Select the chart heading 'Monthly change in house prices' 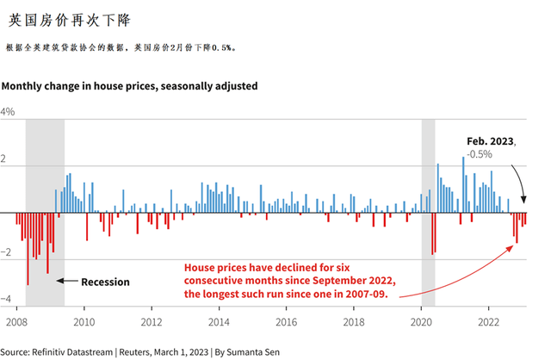coord(129,86)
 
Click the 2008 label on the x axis coord(16,321)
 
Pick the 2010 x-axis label coord(84,321)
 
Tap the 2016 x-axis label coord(287,321)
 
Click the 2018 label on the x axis coord(354,321)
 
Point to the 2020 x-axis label coord(422,321)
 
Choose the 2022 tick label coord(489,321)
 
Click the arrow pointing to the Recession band coord(69,282)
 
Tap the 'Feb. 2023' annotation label coord(490,140)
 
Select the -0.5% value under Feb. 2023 coord(503,154)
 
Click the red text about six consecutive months coord(289,280)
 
